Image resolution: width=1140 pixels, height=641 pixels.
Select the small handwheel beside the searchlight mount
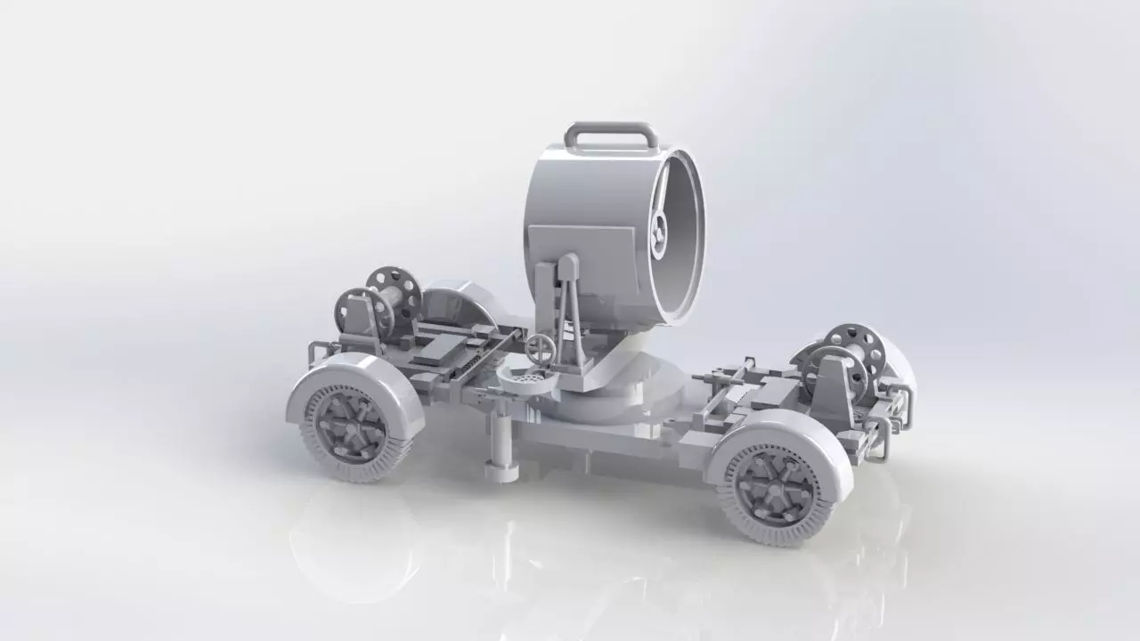coord(539,347)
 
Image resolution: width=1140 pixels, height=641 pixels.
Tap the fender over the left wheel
coord(356,378)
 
